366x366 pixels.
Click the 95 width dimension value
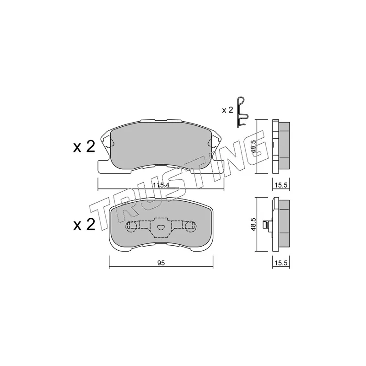[x=161, y=263]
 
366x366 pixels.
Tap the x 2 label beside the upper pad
[x=84, y=147]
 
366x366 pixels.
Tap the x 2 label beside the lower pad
[x=84, y=225]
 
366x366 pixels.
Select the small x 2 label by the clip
[x=227, y=110]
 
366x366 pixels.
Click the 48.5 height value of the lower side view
[x=253, y=225]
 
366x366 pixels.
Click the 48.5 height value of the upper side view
[x=253, y=146]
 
